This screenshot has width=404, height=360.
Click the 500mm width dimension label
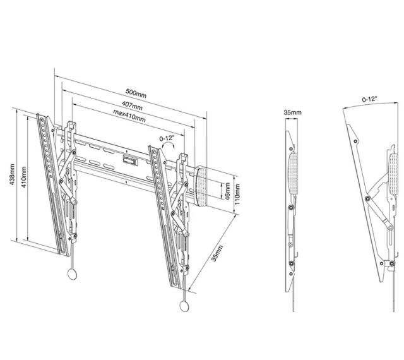pyautogui.click(x=136, y=93)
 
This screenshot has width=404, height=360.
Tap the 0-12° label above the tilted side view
pyautogui.click(x=369, y=100)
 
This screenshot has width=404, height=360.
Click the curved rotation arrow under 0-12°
pyautogui.click(x=169, y=147)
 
